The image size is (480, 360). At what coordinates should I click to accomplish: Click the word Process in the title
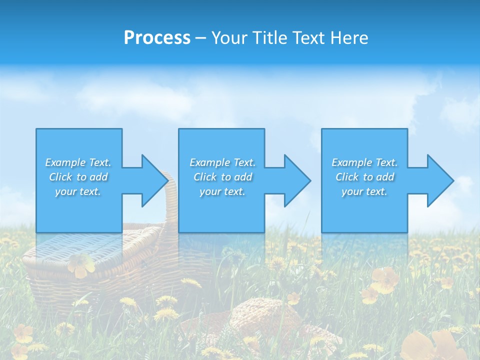157,38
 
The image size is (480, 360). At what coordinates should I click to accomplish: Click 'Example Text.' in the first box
78,162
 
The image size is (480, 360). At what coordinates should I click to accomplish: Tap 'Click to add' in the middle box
222,177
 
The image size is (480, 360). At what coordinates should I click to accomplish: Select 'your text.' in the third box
364,191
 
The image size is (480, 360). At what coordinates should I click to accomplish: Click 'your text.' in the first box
78,191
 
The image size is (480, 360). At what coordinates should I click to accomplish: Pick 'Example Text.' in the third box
364,162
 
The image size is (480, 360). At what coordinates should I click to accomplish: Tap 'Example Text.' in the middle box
222,162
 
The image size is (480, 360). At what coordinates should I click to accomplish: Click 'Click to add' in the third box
364,177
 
